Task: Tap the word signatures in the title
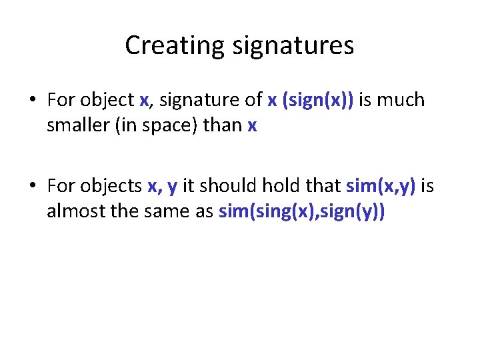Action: point(293,45)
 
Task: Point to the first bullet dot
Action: point(32,101)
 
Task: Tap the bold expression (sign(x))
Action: point(319,101)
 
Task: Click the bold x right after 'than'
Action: point(251,126)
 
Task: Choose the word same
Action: point(167,212)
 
